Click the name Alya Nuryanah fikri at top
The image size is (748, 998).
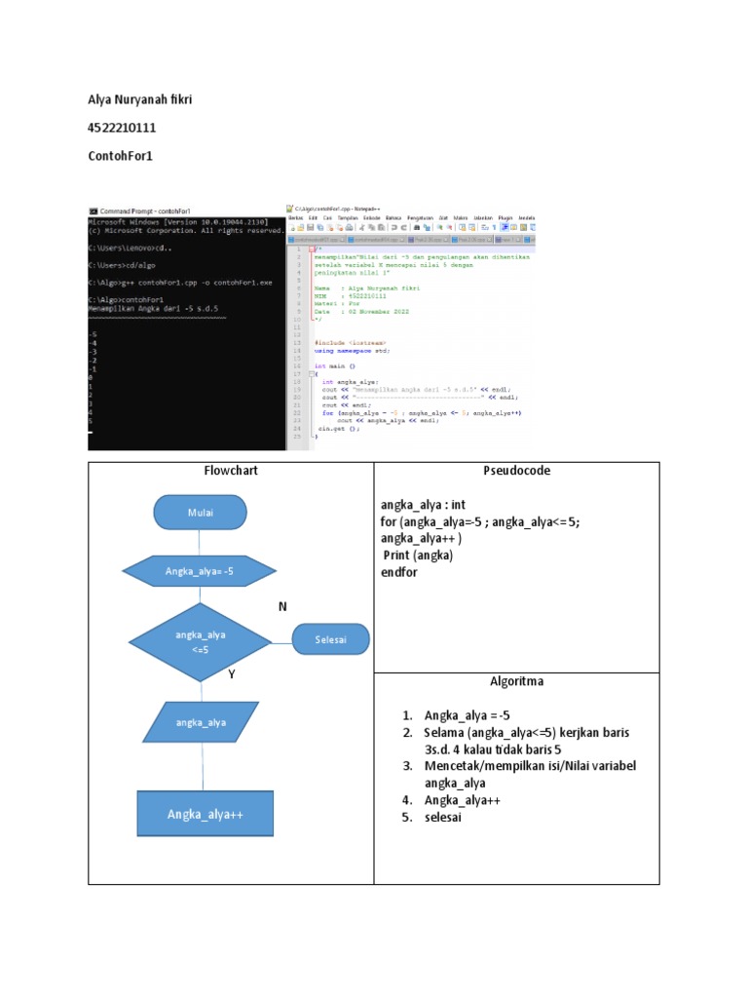click(141, 100)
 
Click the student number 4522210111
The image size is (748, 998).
click(122, 128)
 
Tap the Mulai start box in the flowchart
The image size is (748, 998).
click(200, 512)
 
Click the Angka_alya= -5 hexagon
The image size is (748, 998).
click(200, 571)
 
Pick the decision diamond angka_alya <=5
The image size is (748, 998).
click(200, 641)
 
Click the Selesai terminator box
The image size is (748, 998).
click(331, 639)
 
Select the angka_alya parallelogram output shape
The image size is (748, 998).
click(201, 722)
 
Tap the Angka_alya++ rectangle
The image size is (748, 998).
click(205, 814)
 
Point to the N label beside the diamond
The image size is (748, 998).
click(282, 607)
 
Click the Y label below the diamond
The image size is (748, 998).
click(233, 673)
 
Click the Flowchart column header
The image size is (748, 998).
click(231, 471)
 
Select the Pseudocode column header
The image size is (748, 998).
click(516, 471)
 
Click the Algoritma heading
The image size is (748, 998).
click(516, 681)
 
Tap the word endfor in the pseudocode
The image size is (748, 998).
click(399, 572)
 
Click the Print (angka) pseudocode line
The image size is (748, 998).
click(418, 556)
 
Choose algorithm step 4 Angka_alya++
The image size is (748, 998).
click(457, 800)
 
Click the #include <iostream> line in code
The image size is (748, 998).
click(351, 343)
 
